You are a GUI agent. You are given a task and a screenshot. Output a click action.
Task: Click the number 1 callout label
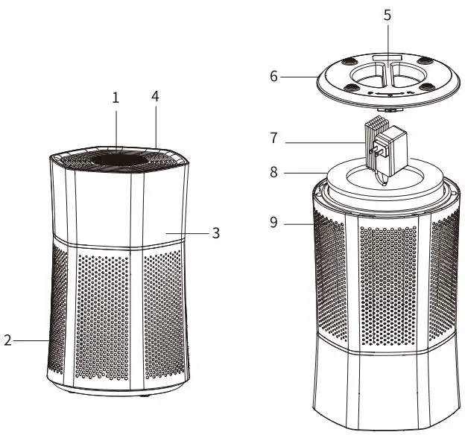(116, 98)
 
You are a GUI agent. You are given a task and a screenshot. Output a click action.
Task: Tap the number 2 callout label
(7, 340)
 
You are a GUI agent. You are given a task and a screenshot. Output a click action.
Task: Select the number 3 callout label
(215, 233)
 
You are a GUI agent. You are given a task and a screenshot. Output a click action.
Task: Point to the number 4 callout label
(156, 98)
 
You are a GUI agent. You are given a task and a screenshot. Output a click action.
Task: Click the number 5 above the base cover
(387, 14)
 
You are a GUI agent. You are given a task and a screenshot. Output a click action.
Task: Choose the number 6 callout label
(273, 76)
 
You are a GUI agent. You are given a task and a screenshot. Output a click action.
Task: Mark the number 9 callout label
(273, 222)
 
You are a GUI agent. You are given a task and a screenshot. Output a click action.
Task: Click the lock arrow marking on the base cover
(389, 95)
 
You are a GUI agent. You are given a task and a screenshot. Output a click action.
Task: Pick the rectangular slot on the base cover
(387, 57)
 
